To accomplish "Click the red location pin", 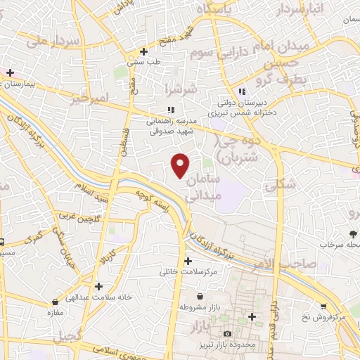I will coord(181,165).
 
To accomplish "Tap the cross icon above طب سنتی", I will coord(143,51).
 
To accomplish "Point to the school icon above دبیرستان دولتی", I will coord(242,91).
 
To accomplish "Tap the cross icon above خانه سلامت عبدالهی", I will coord(99,286).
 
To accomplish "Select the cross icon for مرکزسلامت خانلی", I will coord(188,261).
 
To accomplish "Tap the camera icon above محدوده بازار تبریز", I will coord(226,334).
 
